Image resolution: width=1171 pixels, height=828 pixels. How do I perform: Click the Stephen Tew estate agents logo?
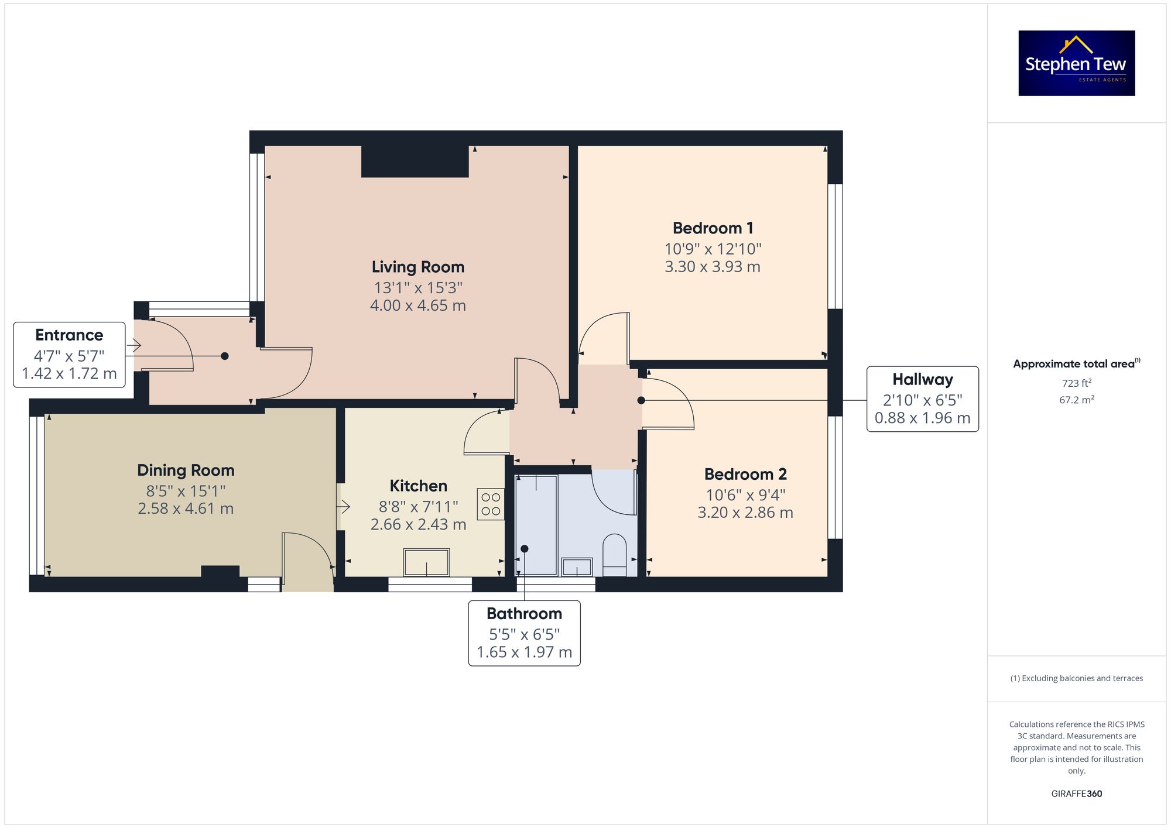[1077, 63]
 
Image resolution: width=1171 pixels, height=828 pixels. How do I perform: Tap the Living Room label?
[418, 267]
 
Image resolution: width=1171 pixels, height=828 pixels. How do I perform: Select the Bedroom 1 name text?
[713, 228]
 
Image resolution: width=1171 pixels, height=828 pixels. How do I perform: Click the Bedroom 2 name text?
[745, 474]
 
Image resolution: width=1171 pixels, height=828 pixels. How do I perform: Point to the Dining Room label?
[186, 470]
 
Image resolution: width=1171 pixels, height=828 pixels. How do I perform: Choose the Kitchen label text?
[419, 486]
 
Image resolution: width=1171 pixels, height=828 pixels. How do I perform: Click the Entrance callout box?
[69, 355]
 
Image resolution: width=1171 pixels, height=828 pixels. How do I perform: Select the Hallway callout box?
[923, 399]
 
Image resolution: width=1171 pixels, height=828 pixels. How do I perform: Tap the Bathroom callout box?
[525, 633]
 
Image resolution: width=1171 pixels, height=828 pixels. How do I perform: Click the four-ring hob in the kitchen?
[491, 504]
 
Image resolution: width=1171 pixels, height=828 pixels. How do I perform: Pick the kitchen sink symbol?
[427, 562]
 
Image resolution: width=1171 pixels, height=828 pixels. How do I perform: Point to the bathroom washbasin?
[577, 567]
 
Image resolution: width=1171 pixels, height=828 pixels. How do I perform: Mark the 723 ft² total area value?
[1077, 383]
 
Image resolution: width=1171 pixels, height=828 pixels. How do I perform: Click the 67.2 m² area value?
[1077, 400]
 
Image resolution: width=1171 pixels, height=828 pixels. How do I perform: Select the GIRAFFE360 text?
[1077, 794]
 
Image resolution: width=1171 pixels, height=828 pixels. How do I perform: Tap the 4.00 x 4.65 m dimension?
[418, 305]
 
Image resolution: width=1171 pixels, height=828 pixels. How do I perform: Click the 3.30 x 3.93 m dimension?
[713, 267]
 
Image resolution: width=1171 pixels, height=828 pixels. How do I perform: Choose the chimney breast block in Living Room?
[415, 161]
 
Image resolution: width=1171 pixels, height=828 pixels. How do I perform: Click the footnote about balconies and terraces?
[1077, 678]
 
